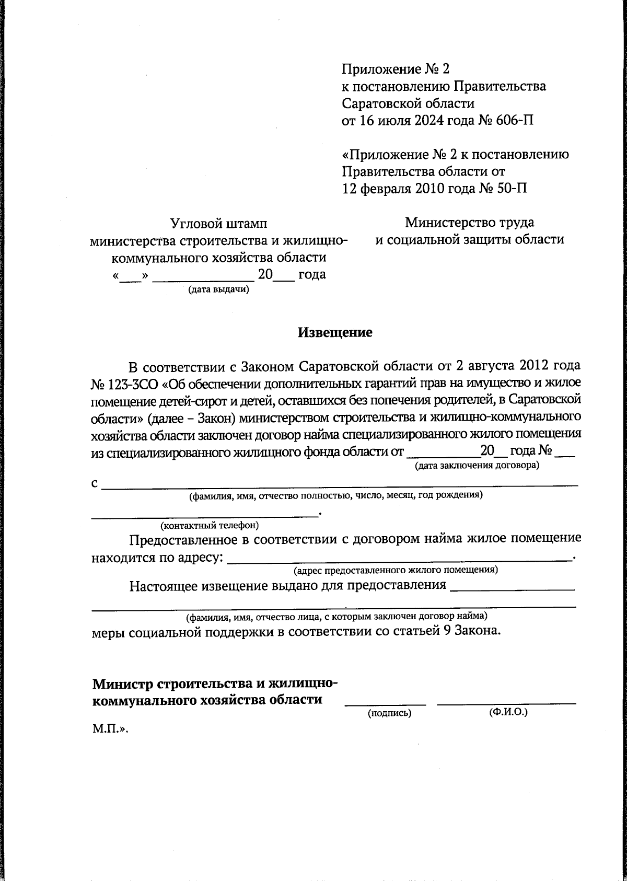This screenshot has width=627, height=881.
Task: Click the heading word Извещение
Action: (335, 332)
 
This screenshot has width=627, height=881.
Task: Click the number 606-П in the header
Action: (514, 121)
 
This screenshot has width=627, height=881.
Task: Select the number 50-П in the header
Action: (510, 188)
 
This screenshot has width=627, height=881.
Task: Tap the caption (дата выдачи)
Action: (218, 289)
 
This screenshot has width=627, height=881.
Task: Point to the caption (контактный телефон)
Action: (210, 525)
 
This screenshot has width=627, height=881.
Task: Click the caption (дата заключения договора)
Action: (477, 465)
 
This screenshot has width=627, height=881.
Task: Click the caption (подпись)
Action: (390, 713)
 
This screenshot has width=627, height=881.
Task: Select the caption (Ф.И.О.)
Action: (508, 712)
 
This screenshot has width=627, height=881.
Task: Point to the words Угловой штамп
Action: (219, 224)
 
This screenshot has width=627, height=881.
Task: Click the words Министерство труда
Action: (469, 222)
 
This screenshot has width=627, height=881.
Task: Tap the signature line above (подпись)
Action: (385, 704)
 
